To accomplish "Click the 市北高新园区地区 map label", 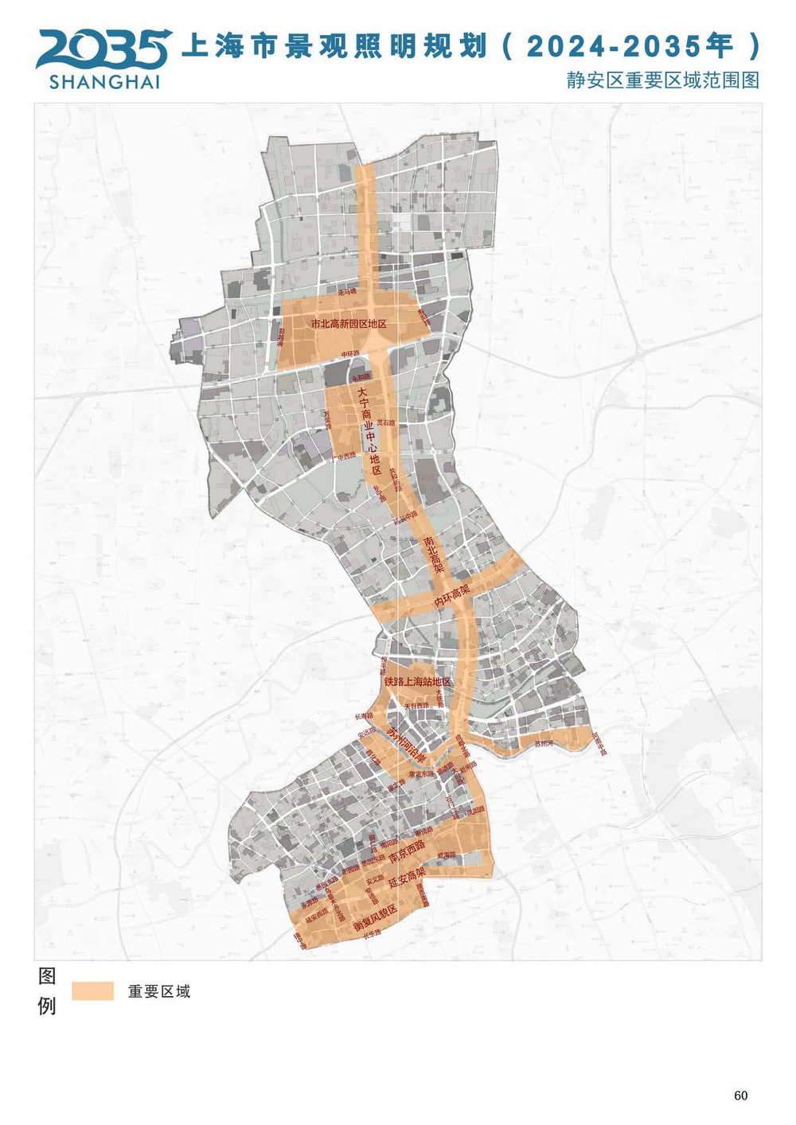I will (349, 324).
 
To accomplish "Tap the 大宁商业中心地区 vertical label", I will (367, 430).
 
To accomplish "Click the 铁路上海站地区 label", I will (417, 682).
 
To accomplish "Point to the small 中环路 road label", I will (350, 353).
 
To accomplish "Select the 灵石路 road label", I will (385, 422).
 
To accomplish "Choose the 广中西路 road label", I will (344, 457).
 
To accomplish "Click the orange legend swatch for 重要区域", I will (92, 991).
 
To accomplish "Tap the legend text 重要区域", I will (159, 991).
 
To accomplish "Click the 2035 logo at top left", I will (102, 49).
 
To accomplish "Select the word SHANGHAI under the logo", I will (104, 81).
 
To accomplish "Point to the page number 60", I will (740, 1096).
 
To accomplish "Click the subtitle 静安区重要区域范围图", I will (662, 80).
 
